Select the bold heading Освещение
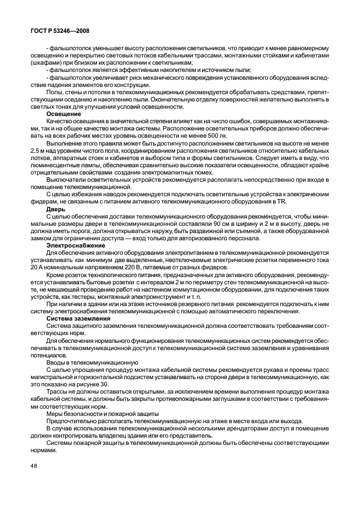click(62, 113)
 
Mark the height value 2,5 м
click(40, 150)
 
